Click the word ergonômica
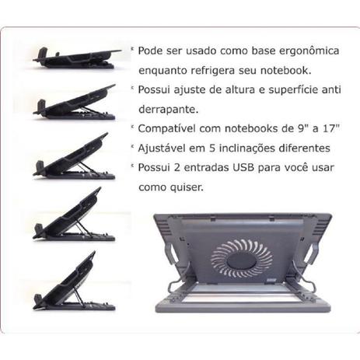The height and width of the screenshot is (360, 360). click(x=309, y=51)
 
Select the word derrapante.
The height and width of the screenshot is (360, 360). click(x=169, y=110)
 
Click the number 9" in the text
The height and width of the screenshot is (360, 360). click(x=301, y=128)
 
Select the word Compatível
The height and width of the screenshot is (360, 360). click(x=166, y=128)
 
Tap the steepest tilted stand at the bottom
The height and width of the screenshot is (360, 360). click(x=74, y=281)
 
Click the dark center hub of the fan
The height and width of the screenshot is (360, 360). click(x=242, y=260)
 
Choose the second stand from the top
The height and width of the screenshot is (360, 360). click(x=74, y=103)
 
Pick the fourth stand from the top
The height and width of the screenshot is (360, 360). click(x=74, y=215)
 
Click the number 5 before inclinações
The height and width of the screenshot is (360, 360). click(x=212, y=149)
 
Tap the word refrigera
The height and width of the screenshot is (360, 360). click(x=212, y=71)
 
